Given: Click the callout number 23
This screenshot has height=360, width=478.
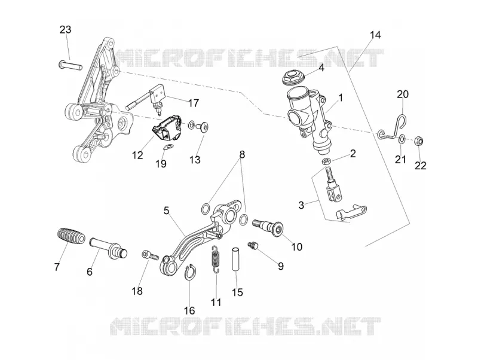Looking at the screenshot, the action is [x=65, y=30].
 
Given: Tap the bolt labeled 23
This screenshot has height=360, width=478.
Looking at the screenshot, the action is [x=70, y=65].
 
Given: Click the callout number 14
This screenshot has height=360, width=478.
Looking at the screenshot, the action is [x=376, y=35].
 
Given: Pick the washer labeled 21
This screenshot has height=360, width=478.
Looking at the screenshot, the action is [x=402, y=139].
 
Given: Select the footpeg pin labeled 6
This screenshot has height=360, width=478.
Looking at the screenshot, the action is [x=108, y=246].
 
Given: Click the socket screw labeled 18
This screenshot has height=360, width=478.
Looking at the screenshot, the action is [x=150, y=255].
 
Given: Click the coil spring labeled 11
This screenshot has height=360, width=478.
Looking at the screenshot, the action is [x=216, y=258].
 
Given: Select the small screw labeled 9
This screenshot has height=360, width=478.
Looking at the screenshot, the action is [x=253, y=245].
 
